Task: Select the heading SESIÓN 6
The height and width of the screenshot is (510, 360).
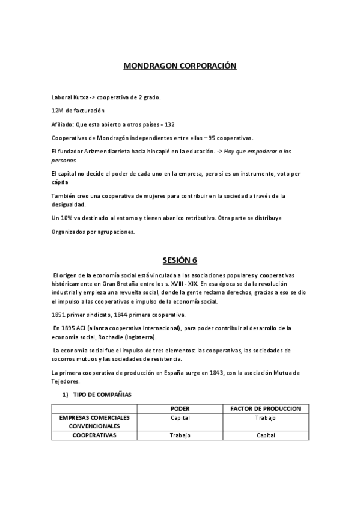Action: (180, 260)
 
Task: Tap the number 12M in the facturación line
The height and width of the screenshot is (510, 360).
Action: (58, 111)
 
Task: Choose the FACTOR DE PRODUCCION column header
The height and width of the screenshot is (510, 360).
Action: (266, 408)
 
